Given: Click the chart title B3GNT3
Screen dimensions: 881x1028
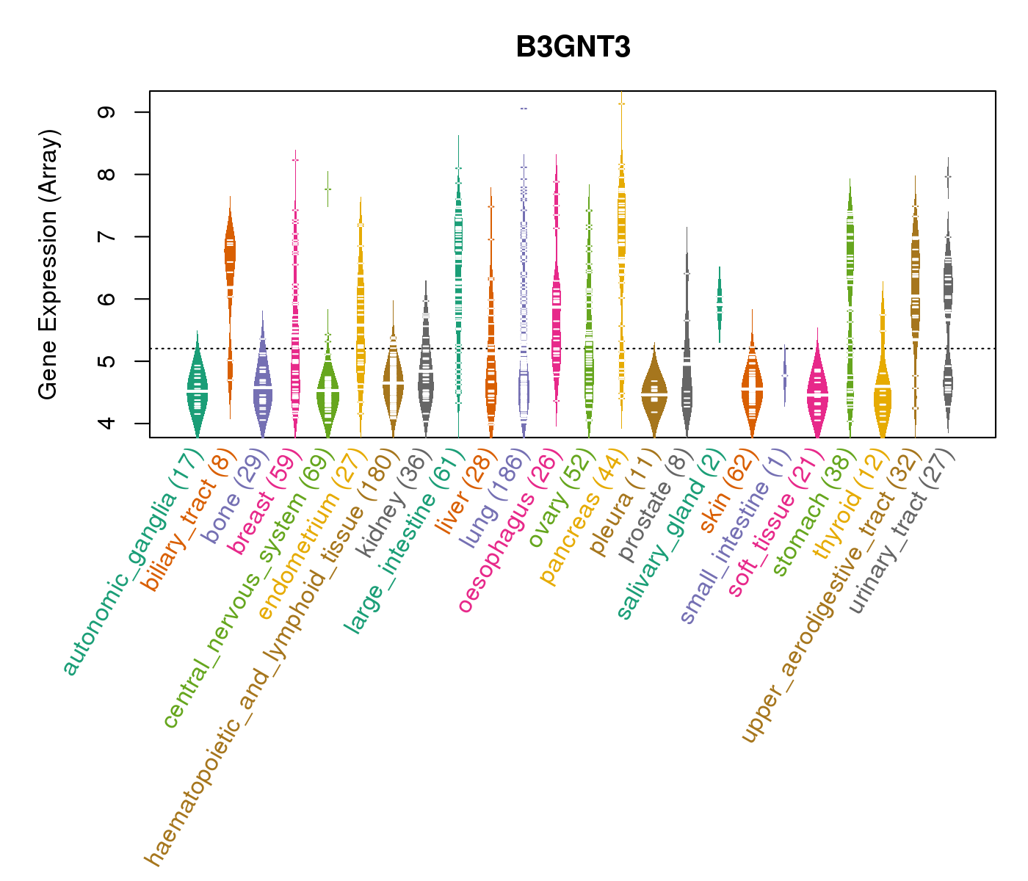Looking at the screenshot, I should (573, 47).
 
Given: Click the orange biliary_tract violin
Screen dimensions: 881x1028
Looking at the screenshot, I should (230, 253).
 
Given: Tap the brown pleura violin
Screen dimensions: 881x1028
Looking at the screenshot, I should (654, 394).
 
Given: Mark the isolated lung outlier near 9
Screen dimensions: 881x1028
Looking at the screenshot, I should (524, 109).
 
